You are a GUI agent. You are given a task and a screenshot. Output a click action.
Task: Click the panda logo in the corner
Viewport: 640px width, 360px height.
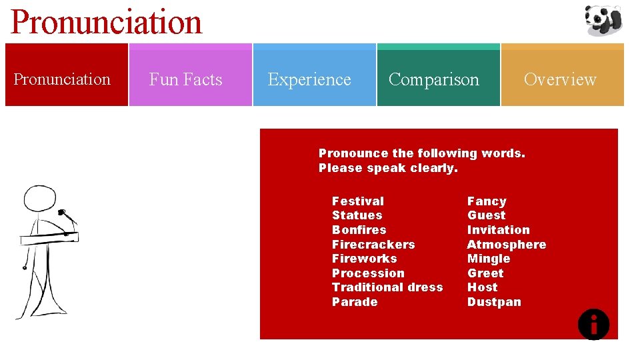pyautogui.click(x=603, y=19)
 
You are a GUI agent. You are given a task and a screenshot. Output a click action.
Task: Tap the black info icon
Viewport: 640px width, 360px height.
pyautogui.click(x=593, y=325)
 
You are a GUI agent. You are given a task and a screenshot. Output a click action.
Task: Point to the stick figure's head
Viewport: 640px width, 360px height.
pyautogui.click(x=39, y=199)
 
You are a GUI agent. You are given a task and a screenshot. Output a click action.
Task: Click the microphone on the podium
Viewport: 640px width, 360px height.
pyautogui.click(x=66, y=215)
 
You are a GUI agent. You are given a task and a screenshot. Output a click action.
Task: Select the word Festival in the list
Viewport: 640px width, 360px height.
pyautogui.click(x=358, y=201)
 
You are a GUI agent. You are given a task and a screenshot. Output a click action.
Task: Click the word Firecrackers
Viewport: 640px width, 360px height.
pyautogui.click(x=373, y=244)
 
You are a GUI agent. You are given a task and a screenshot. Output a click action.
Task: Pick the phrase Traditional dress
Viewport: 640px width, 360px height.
pyautogui.click(x=387, y=287)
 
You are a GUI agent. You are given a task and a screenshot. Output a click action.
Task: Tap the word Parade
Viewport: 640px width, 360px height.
pyautogui.click(x=355, y=302)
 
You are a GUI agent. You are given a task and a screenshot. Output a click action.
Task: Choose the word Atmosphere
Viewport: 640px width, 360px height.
pyautogui.click(x=506, y=244)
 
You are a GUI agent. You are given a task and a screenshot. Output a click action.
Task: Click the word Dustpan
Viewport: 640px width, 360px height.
pyautogui.click(x=494, y=302)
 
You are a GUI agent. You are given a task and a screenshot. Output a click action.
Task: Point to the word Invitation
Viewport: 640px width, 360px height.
pyautogui.click(x=498, y=229)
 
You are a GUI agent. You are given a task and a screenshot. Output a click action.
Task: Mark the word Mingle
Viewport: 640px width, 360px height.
pyautogui.click(x=489, y=259)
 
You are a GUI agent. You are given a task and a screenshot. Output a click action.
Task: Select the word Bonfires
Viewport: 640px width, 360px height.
pyautogui.click(x=359, y=229)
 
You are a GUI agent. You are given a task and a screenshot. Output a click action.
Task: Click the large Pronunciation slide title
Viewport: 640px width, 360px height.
pyautogui.click(x=107, y=21)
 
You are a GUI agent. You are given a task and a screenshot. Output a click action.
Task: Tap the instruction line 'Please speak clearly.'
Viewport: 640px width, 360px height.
pyautogui.click(x=388, y=168)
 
